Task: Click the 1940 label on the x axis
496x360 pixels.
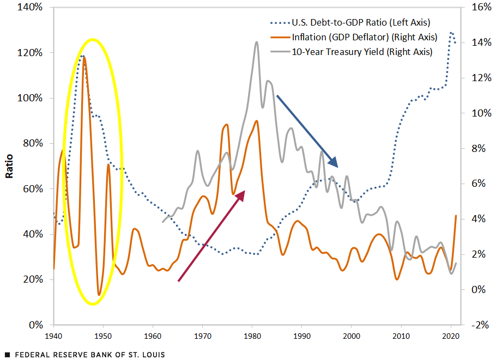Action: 53,336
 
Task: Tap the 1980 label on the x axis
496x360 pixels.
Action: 252,336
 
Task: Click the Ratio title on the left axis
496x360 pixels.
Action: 10,166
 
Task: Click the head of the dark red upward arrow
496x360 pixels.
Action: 241,194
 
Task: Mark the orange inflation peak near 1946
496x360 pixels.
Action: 83,57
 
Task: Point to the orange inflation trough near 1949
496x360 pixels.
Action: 99,295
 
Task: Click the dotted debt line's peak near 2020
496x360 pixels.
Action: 451,33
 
